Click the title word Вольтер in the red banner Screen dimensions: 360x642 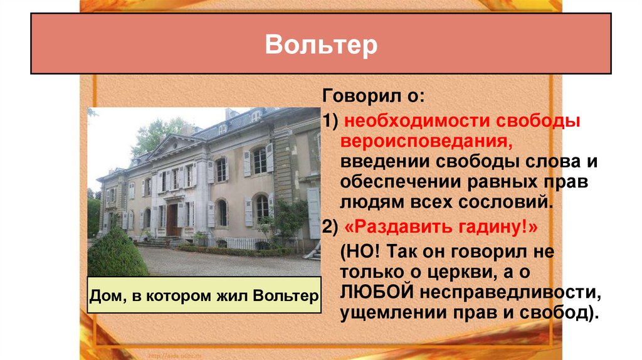click(x=321, y=45)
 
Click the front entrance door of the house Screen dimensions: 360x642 click(x=172, y=220)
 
